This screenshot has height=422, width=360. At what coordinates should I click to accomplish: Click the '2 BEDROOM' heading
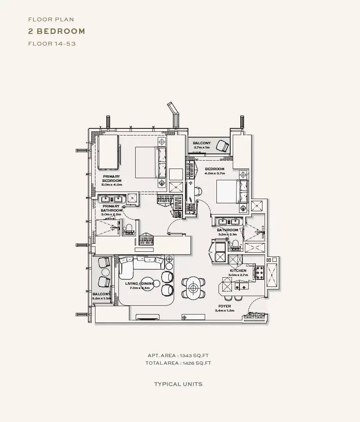[57, 31]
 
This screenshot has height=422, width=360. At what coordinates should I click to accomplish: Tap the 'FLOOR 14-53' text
[52, 43]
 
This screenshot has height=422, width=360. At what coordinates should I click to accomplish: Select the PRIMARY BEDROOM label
[111, 179]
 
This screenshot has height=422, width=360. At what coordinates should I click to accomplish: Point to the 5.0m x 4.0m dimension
[112, 184]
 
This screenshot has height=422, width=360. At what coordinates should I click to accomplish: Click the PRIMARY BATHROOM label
[111, 208]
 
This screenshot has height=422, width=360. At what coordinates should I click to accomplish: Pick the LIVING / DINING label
[139, 284]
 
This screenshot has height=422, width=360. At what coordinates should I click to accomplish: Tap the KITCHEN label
[238, 271]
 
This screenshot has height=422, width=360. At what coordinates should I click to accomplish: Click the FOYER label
[224, 306]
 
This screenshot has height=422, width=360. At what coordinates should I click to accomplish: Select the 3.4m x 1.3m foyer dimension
[224, 311]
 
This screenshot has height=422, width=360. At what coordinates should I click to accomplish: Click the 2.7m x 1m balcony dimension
[202, 148]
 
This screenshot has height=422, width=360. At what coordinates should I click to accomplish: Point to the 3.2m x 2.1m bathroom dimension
[227, 234]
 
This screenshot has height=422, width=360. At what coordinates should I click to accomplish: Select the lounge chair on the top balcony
[223, 146]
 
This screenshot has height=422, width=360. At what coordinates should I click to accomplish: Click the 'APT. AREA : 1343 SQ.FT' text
[178, 356]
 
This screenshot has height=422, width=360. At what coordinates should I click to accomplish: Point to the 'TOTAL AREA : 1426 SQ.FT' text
[178, 363]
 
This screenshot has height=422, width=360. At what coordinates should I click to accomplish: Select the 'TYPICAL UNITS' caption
[178, 384]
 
